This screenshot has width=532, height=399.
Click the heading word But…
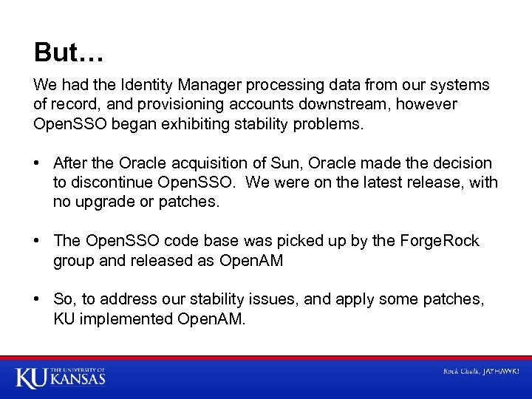(x=69, y=52)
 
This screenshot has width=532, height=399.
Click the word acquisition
(x=203, y=163)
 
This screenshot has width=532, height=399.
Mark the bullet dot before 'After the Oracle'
(x=38, y=163)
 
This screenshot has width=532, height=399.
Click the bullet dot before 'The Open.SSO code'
(x=38, y=241)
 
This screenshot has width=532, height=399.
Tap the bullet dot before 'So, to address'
(x=38, y=299)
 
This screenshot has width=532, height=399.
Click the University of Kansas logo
(x=61, y=377)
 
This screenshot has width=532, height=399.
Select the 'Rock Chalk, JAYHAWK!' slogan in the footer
(x=480, y=371)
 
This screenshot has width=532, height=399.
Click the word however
(x=430, y=104)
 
